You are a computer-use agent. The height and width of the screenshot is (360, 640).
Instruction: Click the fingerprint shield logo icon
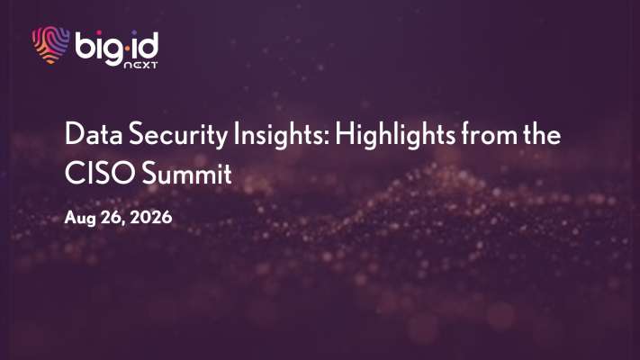(x=50, y=45)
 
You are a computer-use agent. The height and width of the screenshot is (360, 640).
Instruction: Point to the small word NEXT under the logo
(x=140, y=65)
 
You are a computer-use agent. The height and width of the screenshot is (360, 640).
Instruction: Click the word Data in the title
(x=94, y=134)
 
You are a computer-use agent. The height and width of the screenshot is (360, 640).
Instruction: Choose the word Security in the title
(x=178, y=136)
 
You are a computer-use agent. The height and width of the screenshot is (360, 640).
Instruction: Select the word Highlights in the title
(x=395, y=136)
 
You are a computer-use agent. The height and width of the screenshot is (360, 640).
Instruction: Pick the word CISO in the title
(x=100, y=173)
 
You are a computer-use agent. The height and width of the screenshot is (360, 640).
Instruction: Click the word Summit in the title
(x=187, y=173)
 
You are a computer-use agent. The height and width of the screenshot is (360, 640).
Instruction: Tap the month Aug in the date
(x=80, y=218)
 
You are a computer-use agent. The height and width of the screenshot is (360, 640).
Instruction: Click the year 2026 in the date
(x=150, y=217)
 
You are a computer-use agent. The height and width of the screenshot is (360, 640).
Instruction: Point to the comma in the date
(x=123, y=223)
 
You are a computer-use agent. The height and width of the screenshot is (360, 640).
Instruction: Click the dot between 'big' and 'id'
(x=127, y=49)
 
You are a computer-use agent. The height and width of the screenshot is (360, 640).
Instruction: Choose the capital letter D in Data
(x=74, y=134)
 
